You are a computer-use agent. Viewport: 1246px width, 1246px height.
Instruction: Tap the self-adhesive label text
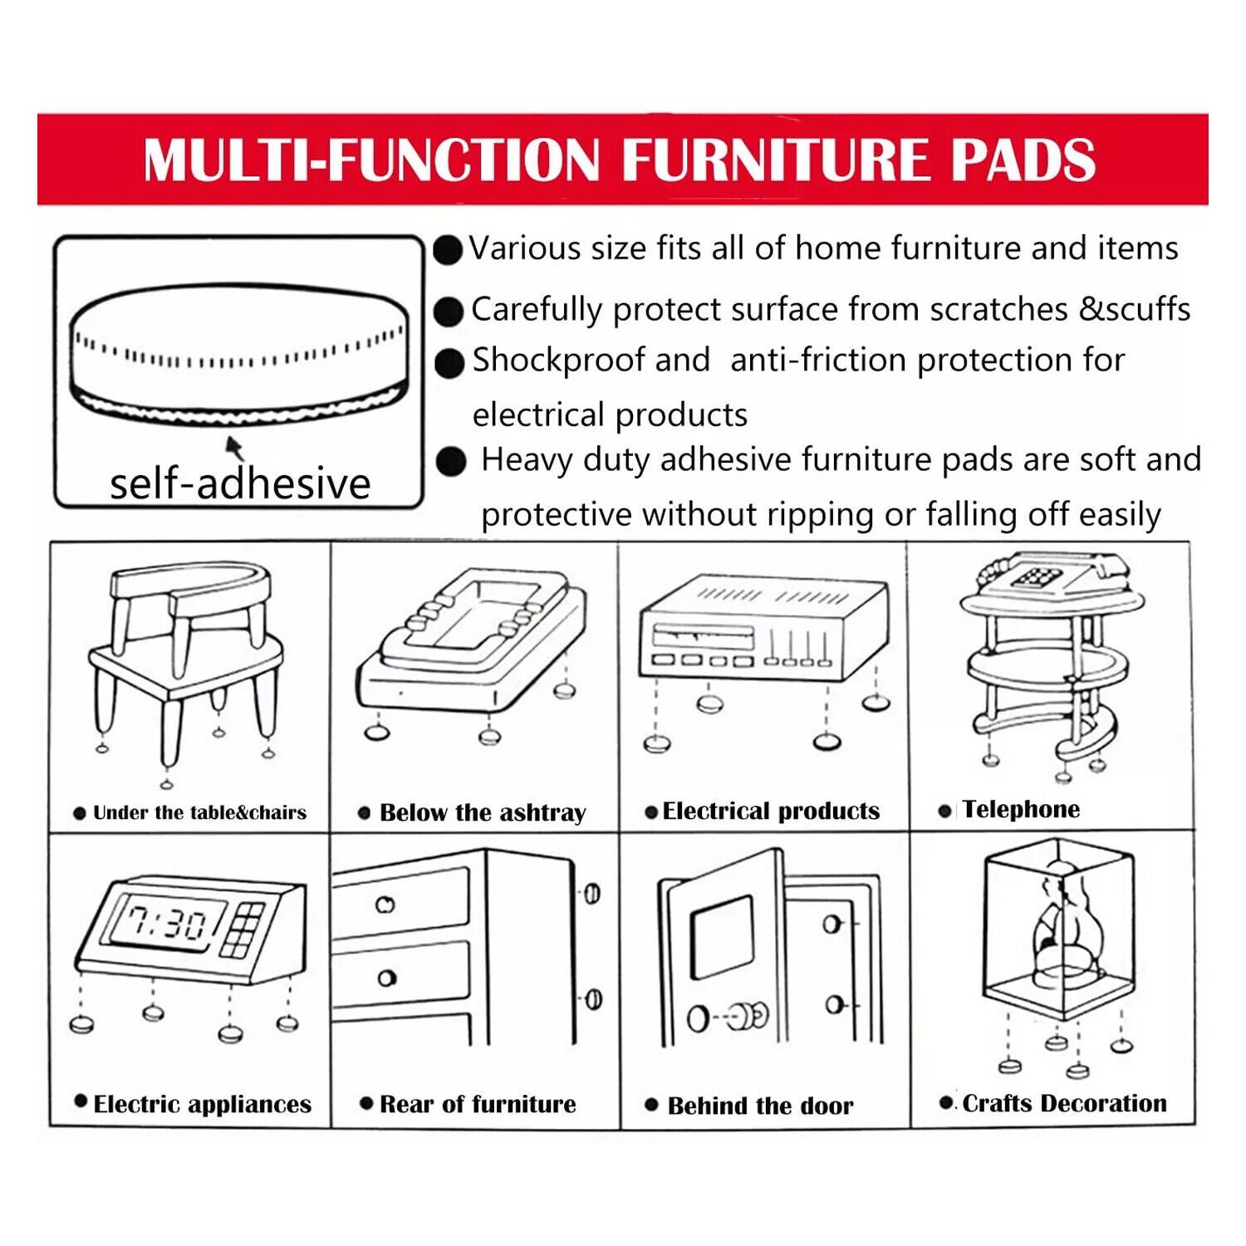point(240,483)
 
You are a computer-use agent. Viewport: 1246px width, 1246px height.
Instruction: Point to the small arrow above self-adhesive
point(235,449)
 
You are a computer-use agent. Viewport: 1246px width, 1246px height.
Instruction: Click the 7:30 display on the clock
point(166,922)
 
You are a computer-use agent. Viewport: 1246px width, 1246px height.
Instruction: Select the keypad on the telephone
point(1038,576)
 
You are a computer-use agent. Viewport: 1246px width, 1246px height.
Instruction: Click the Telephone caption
point(1021,809)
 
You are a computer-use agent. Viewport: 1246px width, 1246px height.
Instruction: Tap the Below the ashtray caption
point(483,812)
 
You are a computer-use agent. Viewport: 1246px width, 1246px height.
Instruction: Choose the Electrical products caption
point(771,811)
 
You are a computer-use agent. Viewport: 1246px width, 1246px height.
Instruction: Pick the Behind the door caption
point(760,1106)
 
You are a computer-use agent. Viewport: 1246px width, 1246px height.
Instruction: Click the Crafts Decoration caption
point(1064,1103)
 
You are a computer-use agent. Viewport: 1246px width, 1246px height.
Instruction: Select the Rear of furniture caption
point(478,1104)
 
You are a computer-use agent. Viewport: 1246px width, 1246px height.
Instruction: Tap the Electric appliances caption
point(202,1104)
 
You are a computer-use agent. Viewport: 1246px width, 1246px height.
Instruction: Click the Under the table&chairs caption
point(199,812)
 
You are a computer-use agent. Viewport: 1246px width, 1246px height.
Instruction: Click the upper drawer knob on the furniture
point(385,905)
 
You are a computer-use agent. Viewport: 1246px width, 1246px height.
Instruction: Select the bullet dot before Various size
point(448,250)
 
